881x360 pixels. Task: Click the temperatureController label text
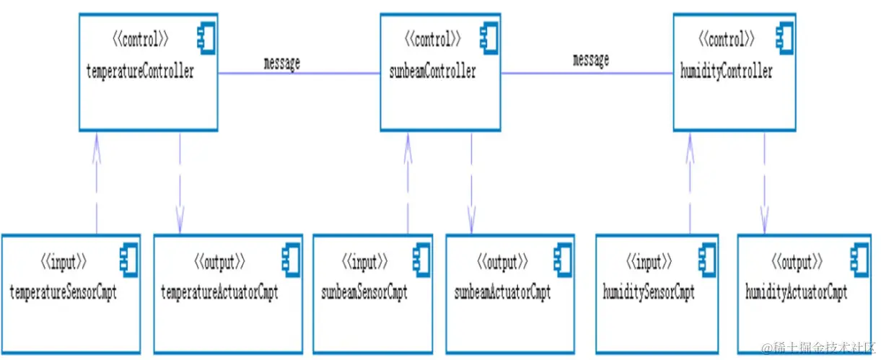click(x=140, y=72)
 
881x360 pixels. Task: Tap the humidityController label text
click(x=727, y=71)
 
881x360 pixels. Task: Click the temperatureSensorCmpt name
click(x=63, y=293)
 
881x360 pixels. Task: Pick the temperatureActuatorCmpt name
click(x=219, y=293)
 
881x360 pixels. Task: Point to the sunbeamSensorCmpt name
click(x=364, y=293)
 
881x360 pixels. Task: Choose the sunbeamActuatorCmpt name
click(x=502, y=293)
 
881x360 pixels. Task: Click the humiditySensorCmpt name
click(x=649, y=293)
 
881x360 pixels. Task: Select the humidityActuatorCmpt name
click(x=796, y=293)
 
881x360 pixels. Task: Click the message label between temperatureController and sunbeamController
click(x=281, y=63)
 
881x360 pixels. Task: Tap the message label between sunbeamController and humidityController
click(x=591, y=60)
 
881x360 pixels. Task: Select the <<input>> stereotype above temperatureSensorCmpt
click(x=63, y=260)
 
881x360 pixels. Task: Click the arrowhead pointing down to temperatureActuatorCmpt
click(x=180, y=216)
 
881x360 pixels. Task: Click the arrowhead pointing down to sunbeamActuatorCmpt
click(x=471, y=216)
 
